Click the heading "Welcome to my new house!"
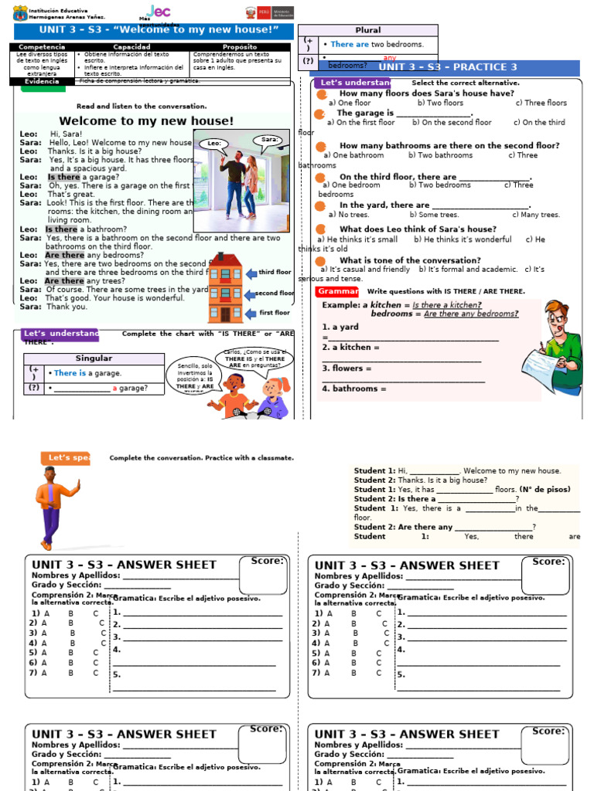pyautogui.click(x=146, y=121)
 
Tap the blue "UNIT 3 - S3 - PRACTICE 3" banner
pyautogui.click(x=447, y=67)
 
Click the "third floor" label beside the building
pyautogui.click(x=275, y=273)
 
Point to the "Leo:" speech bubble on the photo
pyautogui.click(x=215, y=144)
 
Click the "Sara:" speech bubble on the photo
pyautogui.click(x=269, y=141)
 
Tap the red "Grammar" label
pyautogui.click(x=337, y=291)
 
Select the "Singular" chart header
pyautogui.click(x=94, y=358)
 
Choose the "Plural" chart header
pyautogui.click(x=367, y=30)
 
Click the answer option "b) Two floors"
pyautogui.click(x=440, y=103)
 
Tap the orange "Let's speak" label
pyautogui.click(x=65, y=458)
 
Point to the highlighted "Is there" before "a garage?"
pyautogui.click(x=63, y=177)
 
